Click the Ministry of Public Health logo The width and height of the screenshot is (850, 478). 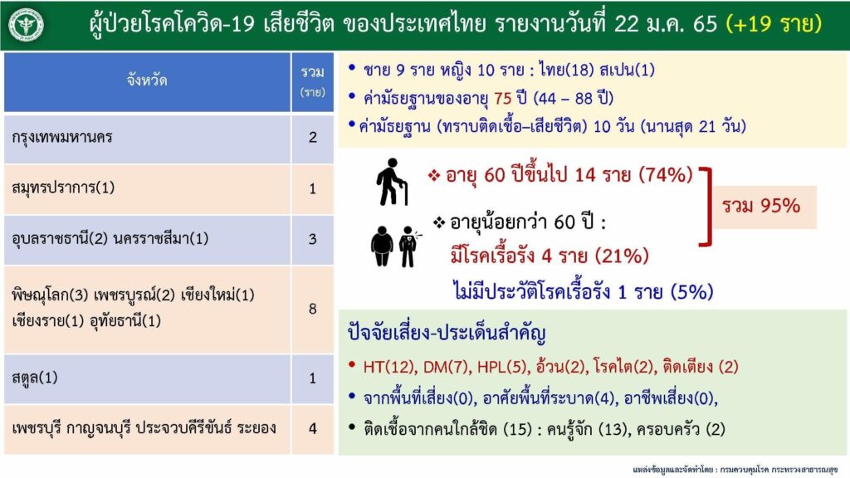coord(26,25)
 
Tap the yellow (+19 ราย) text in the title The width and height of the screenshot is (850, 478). coord(774,24)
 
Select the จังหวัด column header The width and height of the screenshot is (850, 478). coord(147,81)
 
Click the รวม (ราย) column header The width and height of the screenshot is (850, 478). coord(313,81)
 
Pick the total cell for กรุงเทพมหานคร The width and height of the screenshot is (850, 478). coord(313,138)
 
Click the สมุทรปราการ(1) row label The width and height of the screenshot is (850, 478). coord(63,188)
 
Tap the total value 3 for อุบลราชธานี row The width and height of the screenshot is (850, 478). coord(313,239)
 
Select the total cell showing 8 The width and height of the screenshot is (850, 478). coord(313,309)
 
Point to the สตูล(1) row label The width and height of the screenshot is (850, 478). coord(35,378)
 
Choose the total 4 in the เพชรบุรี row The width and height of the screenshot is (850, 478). coord(313,429)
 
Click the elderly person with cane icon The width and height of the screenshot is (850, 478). coord(392,182)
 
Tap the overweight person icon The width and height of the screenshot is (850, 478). coord(382,246)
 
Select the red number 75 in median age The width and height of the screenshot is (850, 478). coord(502,99)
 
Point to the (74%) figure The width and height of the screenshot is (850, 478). coord(666,175)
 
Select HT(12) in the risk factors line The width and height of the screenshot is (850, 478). coord(388,367)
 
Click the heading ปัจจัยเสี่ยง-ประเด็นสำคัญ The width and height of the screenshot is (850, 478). coord(446,333)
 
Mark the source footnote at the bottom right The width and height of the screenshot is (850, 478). coord(735,470)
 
